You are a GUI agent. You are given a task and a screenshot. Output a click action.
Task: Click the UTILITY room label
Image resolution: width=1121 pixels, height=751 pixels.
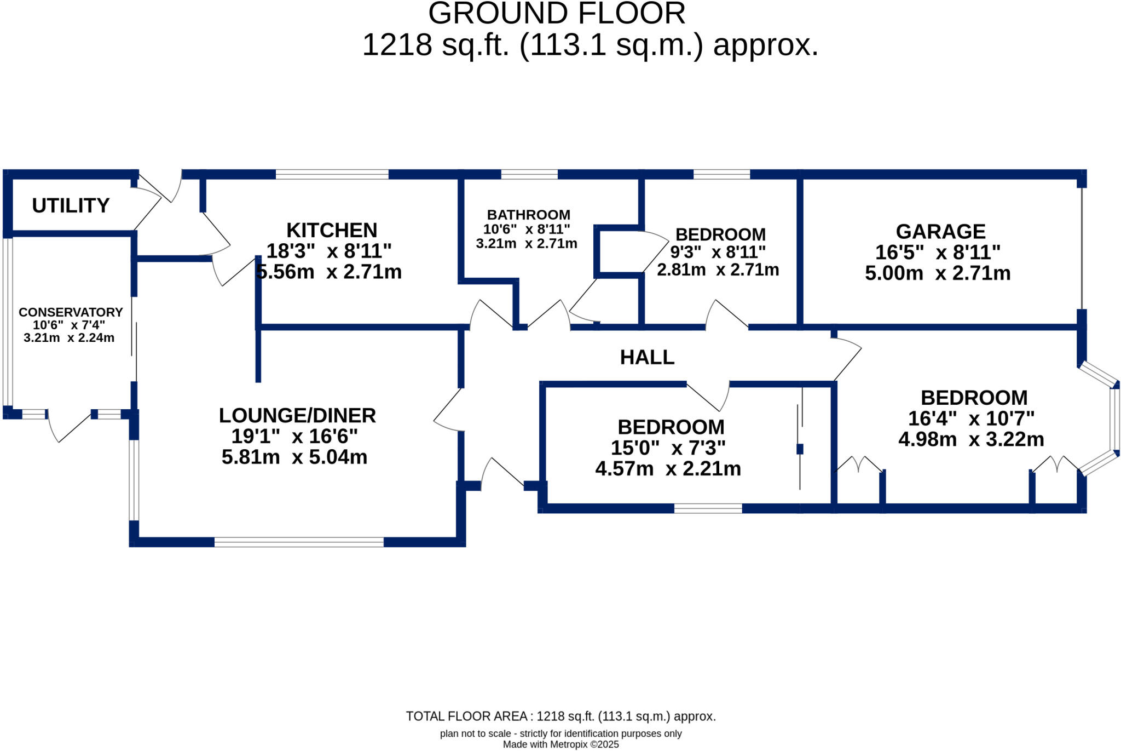(x=71, y=205)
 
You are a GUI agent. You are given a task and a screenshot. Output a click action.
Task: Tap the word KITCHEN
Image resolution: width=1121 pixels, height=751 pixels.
(x=332, y=230)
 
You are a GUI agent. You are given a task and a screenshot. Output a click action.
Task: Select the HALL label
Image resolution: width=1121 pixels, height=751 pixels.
(x=647, y=357)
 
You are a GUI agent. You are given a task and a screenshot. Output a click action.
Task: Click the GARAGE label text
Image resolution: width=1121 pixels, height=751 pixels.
(x=940, y=231)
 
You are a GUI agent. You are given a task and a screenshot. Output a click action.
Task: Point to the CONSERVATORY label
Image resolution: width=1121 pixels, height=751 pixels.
(x=71, y=312)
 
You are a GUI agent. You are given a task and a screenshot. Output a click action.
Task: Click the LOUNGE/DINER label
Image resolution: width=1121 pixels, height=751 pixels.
(x=297, y=415)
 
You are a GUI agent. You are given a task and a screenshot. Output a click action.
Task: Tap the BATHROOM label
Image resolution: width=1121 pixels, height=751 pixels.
(x=528, y=215)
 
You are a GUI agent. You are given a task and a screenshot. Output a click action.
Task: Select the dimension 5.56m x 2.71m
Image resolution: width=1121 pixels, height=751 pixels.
(x=329, y=272)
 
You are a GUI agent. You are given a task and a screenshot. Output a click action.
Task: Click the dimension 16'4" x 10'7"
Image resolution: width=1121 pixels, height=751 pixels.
(x=971, y=419)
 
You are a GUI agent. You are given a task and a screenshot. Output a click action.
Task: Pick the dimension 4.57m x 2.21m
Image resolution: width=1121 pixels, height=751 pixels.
(x=668, y=469)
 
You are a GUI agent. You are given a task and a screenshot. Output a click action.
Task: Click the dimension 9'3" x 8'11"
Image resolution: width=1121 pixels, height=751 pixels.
(x=718, y=253)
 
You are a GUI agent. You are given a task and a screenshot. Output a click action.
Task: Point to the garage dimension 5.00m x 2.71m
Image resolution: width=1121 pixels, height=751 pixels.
(x=938, y=273)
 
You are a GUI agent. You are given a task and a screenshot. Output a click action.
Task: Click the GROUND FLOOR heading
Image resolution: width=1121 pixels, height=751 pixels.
(x=557, y=13)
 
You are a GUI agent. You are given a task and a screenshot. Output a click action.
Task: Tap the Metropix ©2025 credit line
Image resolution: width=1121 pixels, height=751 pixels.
(x=560, y=744)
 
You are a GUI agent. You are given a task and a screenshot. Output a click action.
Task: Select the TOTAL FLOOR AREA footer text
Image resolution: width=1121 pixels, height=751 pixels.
(x=560, y=716)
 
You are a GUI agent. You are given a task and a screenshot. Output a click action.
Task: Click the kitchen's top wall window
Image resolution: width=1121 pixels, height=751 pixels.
(x=332, y=175)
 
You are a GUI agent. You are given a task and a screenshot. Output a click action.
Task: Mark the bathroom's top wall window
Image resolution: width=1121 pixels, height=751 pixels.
(x=529, y=175)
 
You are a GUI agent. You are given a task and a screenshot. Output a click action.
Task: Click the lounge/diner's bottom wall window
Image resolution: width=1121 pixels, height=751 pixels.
(x=299, y=542)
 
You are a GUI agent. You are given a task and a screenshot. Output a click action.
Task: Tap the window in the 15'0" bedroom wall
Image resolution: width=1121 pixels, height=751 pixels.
(x=708, y=508)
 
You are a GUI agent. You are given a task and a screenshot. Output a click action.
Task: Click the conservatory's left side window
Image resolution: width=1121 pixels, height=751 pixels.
(x=7, y=322)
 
